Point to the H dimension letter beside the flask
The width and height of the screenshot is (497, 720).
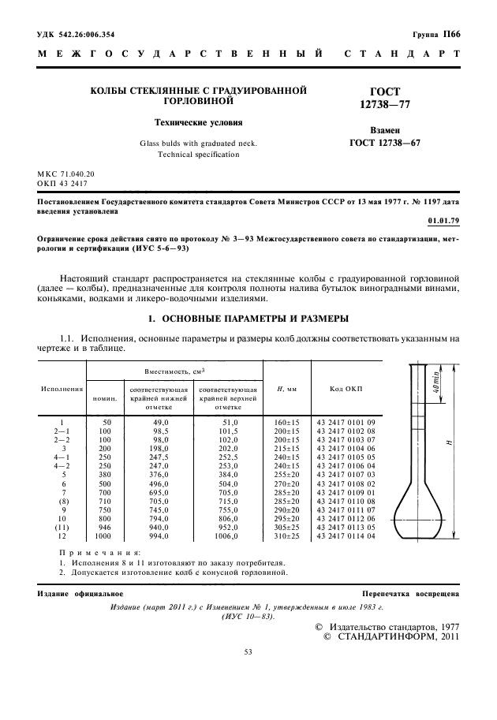447,443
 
